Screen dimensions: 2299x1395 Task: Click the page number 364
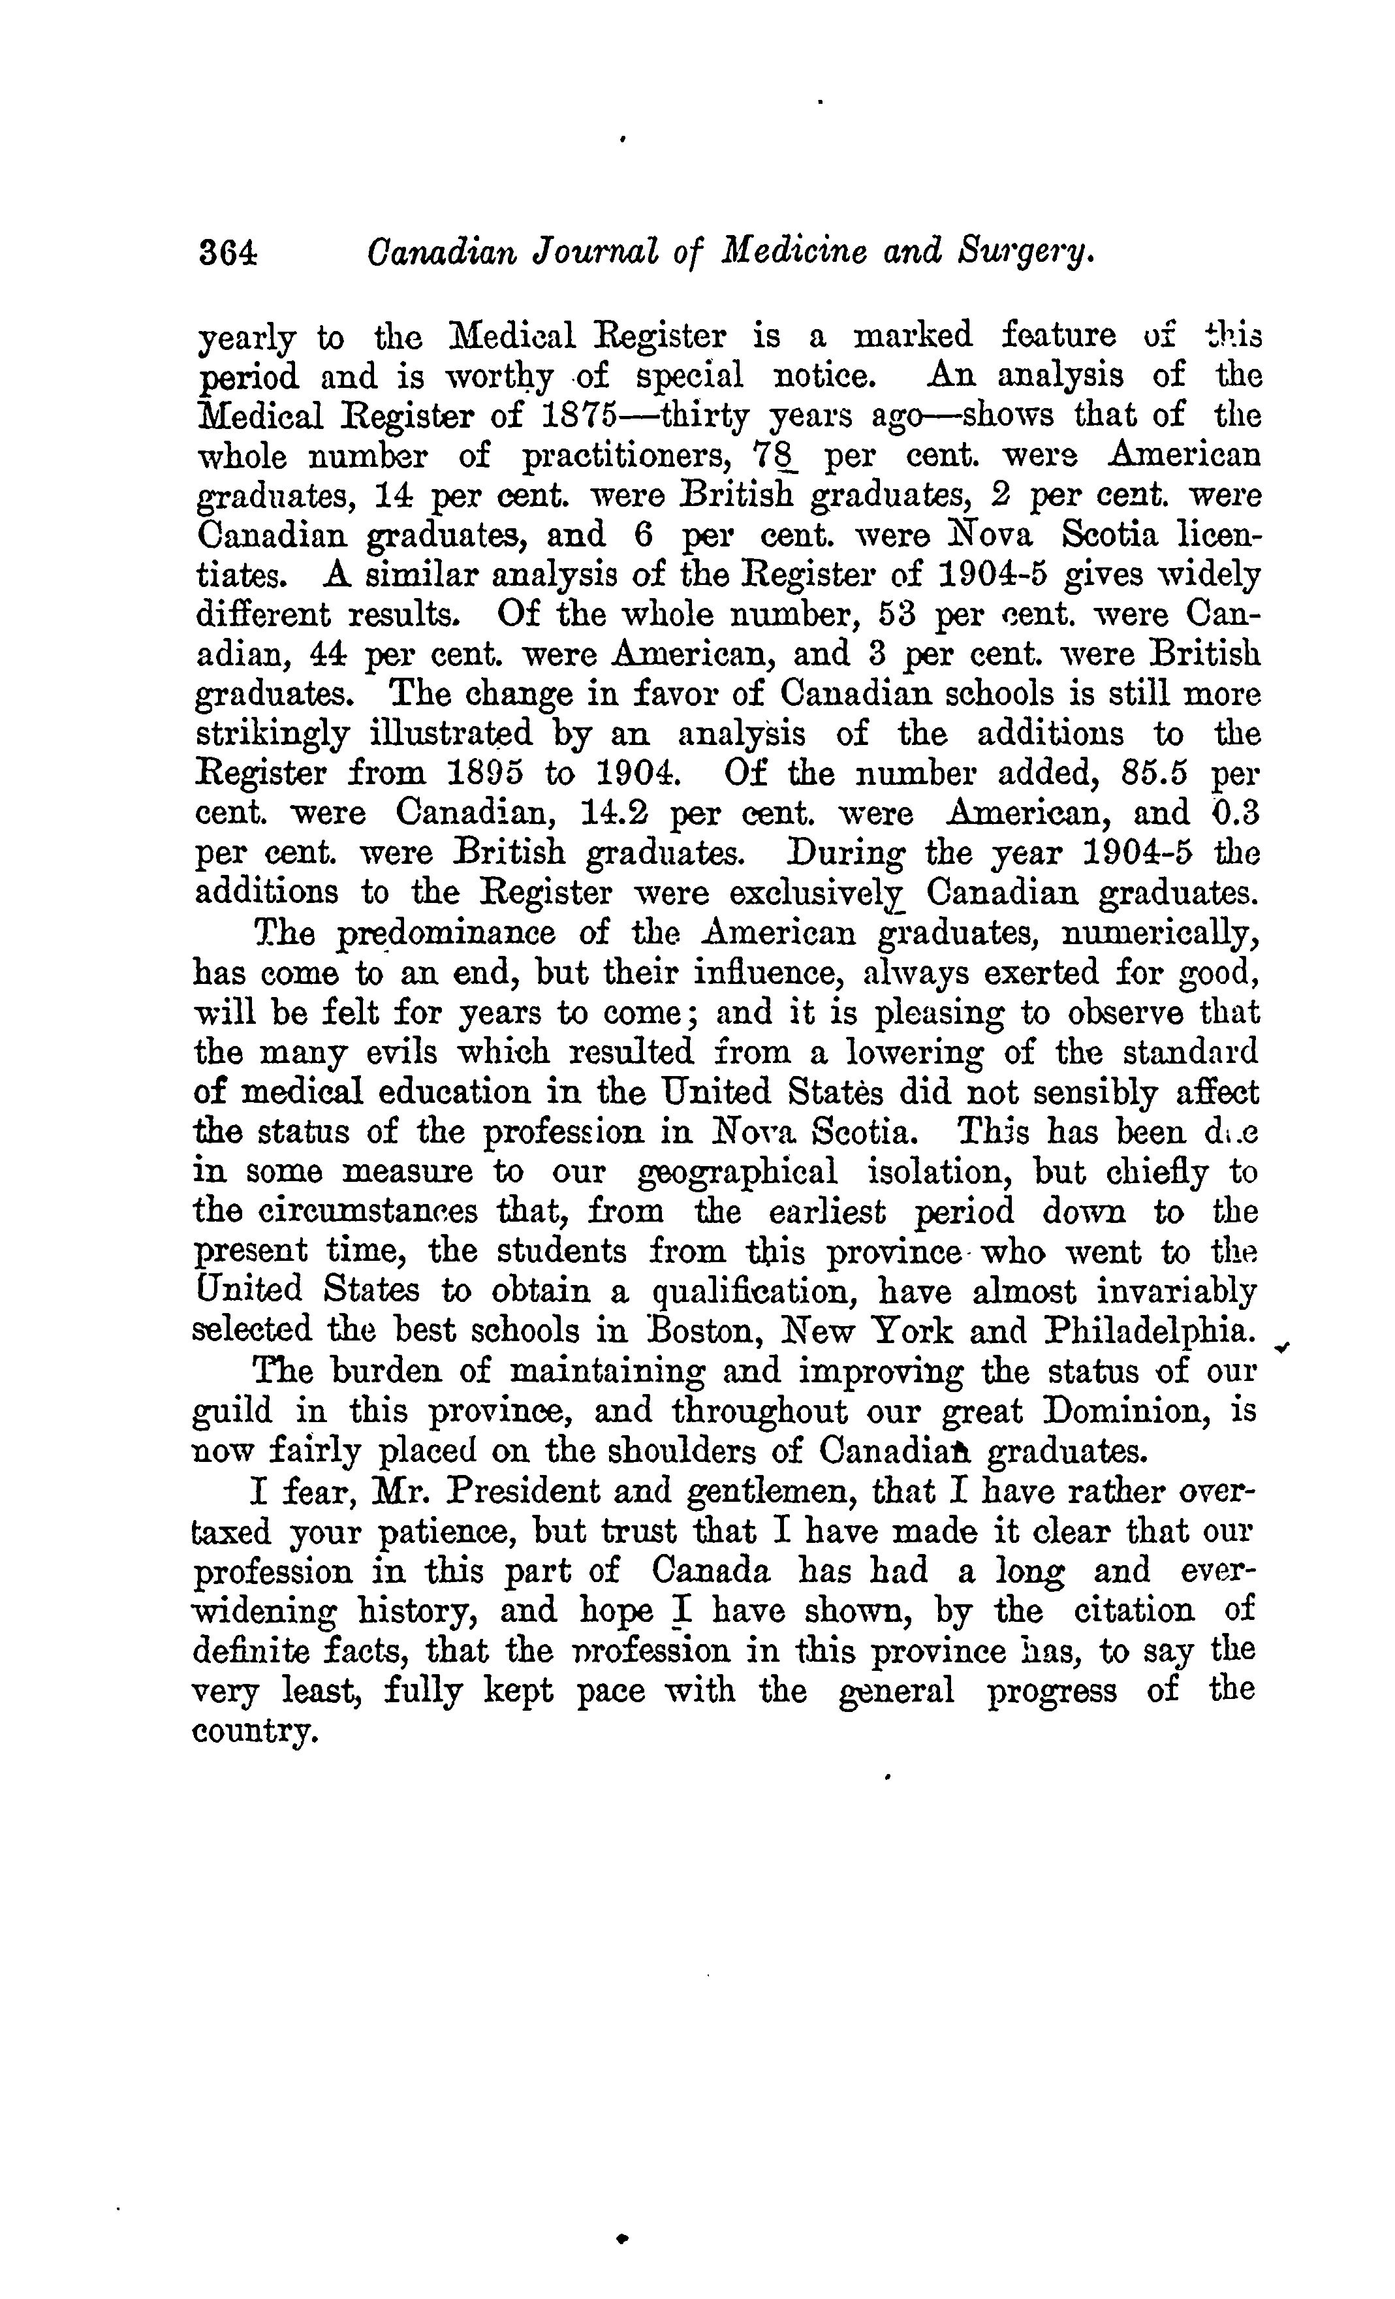[x=227, y=253]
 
